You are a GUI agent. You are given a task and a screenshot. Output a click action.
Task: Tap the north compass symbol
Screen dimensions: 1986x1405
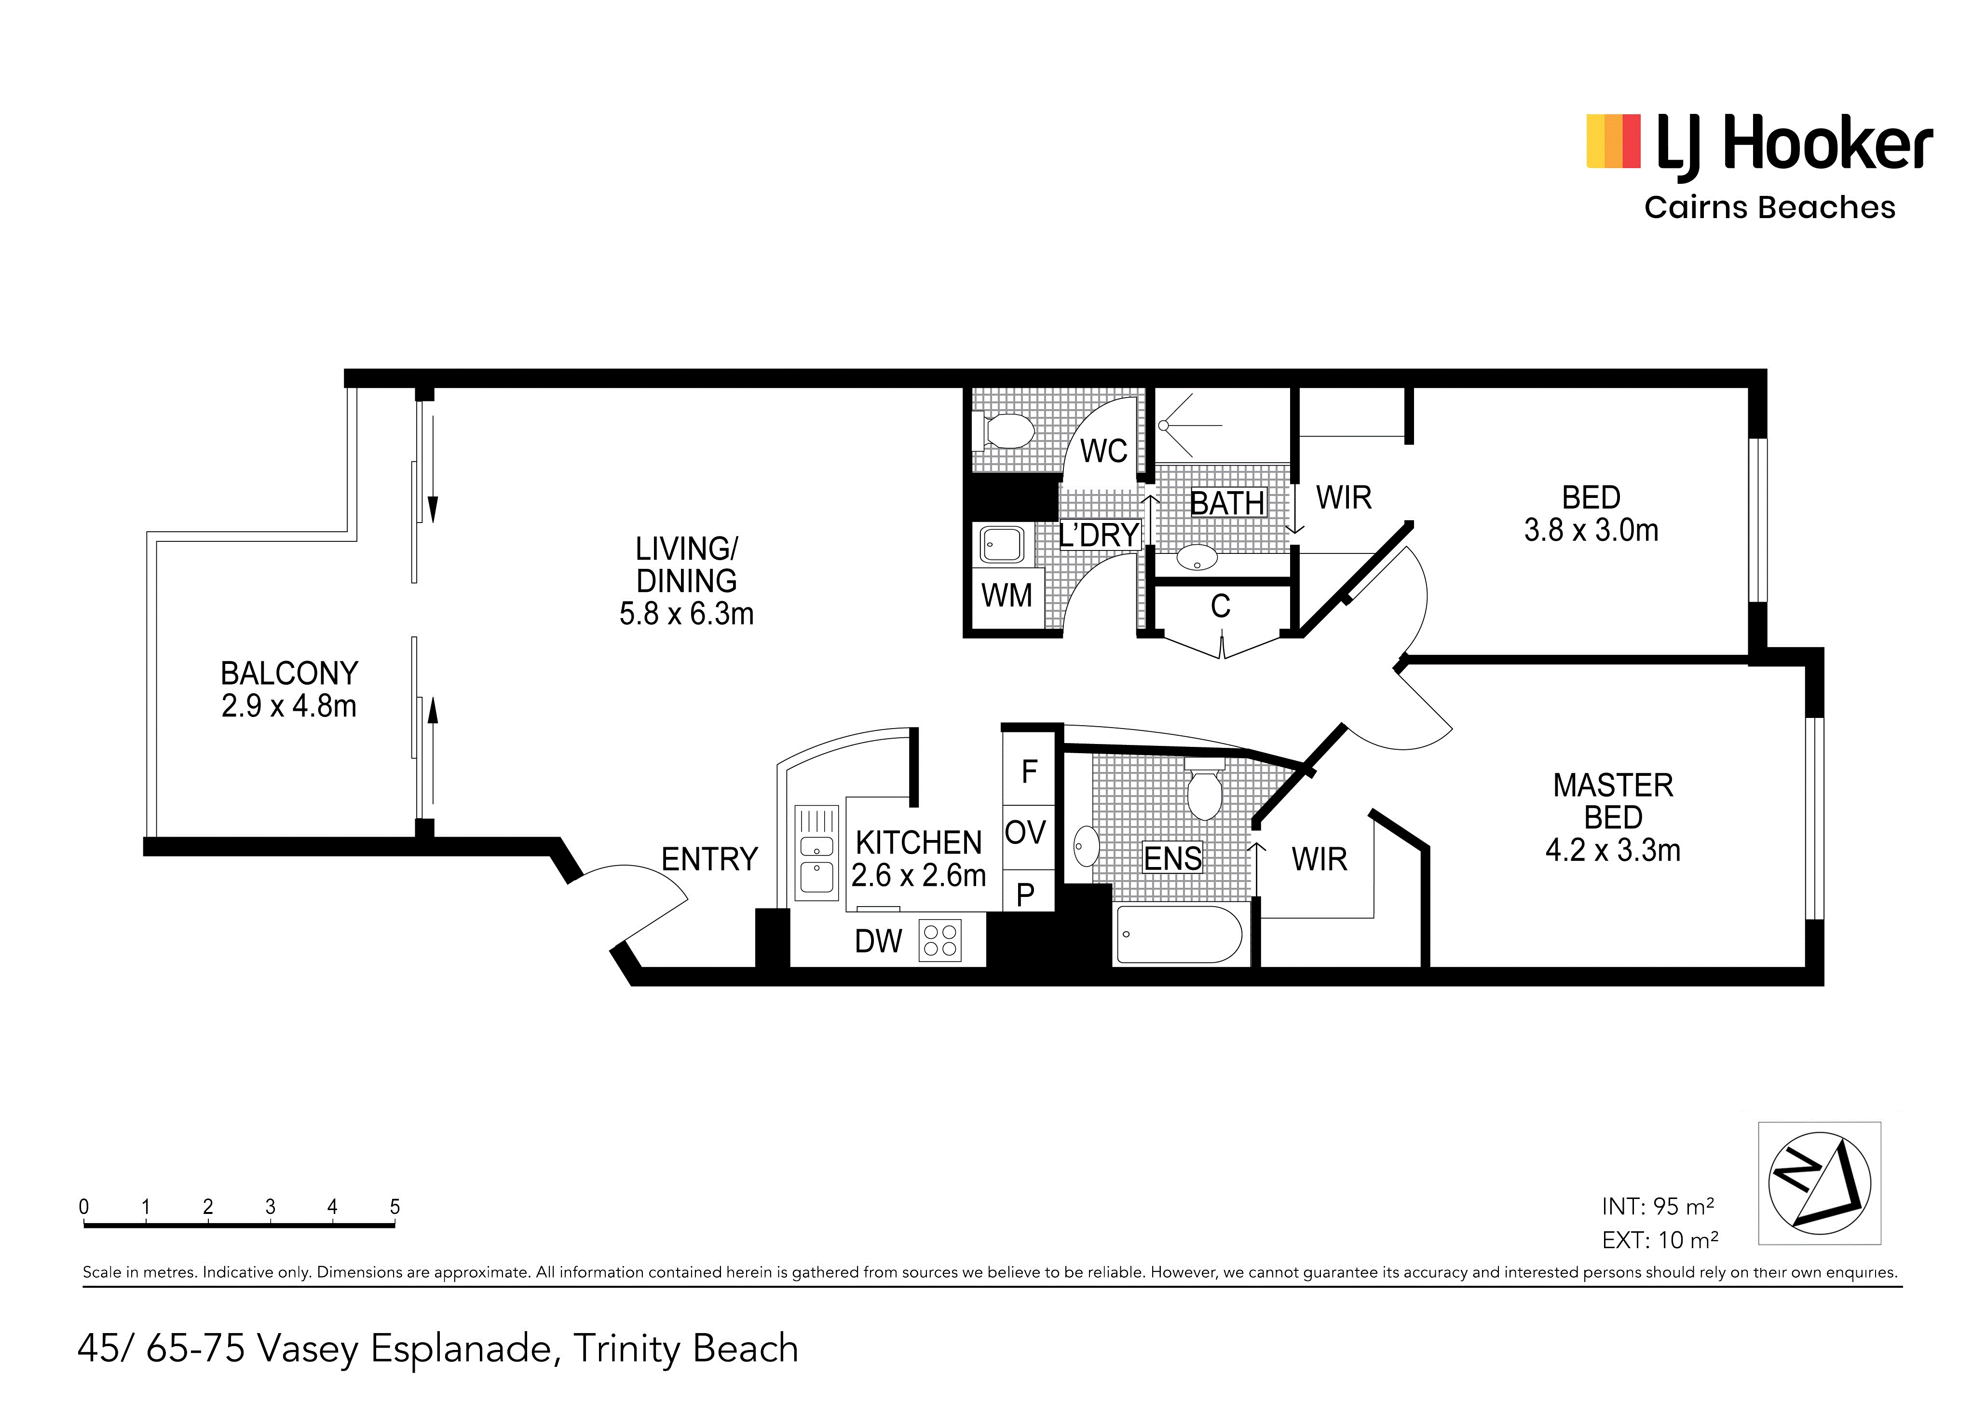1819,1184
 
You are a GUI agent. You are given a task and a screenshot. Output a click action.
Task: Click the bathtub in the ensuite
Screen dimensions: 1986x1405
1180,935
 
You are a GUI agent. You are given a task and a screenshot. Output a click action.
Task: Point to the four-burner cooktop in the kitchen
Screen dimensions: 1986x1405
940,940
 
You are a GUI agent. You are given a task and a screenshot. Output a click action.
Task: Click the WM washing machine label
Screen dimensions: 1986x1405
1007,596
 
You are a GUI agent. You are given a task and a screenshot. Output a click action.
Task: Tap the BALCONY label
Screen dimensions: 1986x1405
289,673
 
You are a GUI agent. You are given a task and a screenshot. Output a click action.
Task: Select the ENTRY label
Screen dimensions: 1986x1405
709,859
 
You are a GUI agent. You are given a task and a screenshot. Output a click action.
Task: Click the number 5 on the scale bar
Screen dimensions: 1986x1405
394,1206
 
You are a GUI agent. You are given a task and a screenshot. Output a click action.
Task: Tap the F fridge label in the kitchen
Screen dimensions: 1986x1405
1029,771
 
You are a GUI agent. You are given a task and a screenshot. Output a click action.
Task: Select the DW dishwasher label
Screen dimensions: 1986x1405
878,941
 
